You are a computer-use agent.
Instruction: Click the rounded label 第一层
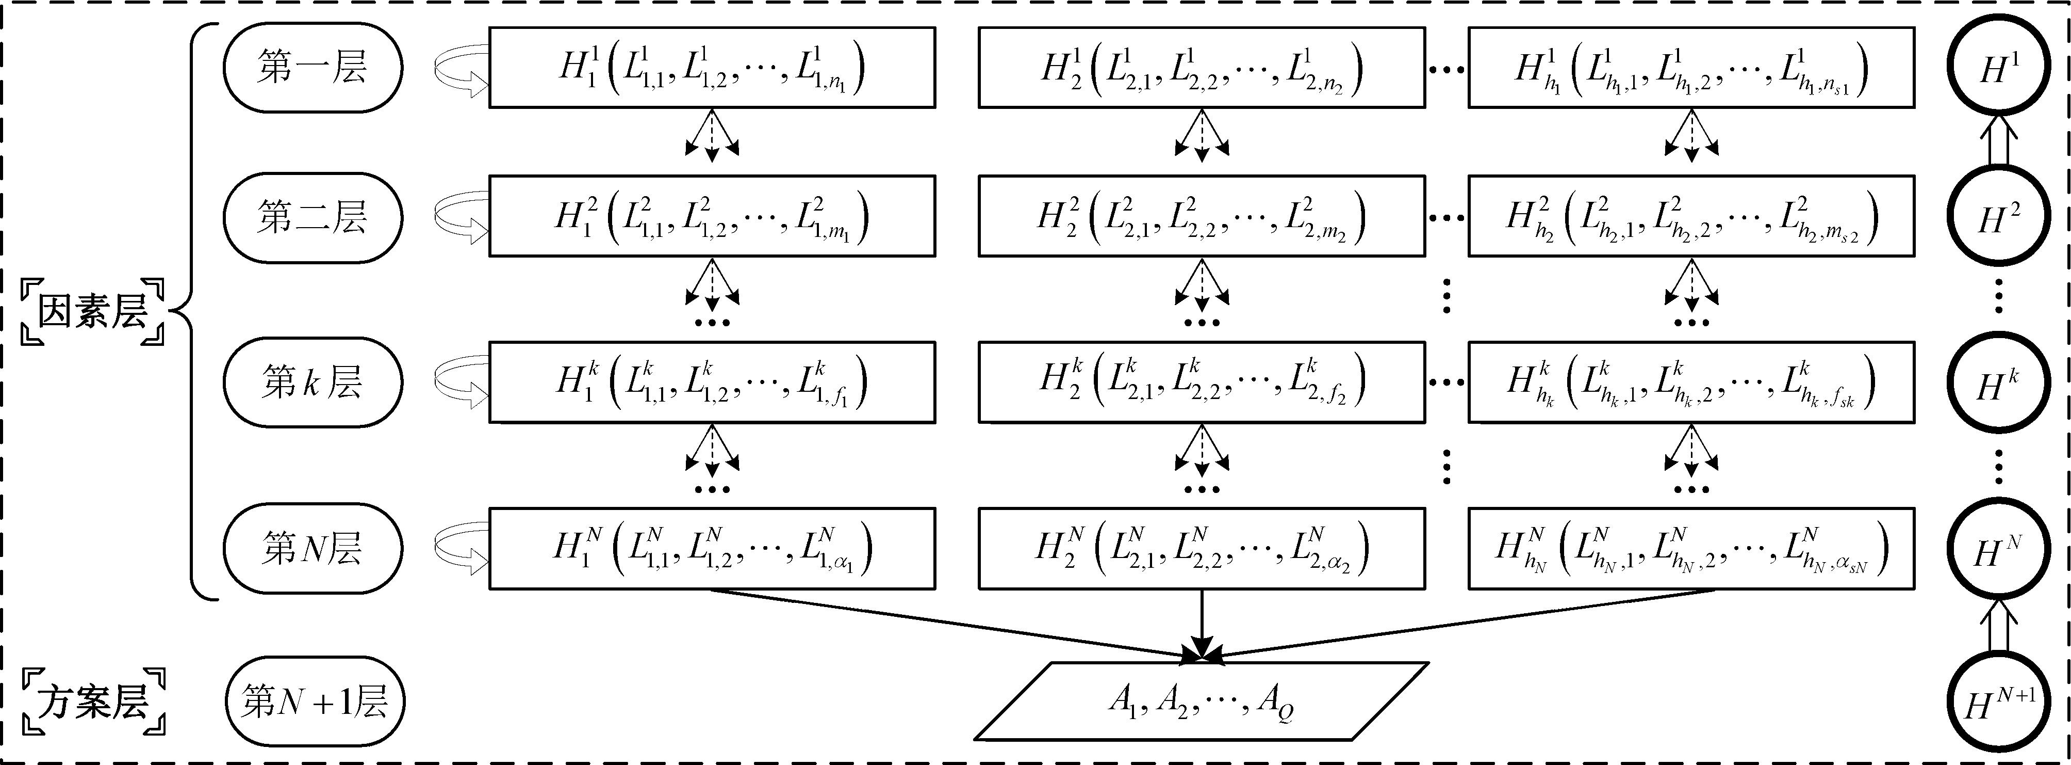[x=312, y=68]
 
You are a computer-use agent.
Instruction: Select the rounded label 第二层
[x=312, y=217]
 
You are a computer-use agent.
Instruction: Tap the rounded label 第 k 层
[x=312, y=383]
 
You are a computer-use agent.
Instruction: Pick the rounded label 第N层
[x=312, y=549]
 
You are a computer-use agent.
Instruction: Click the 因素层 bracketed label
[x=92, y=311]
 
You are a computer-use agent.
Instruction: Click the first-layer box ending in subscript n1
[x=712, y=68]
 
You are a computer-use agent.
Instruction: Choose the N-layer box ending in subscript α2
[x=1201, y=549]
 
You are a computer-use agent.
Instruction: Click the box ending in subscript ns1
[x=1691, y=68]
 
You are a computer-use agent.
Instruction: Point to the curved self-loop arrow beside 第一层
[x=460, y=68]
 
